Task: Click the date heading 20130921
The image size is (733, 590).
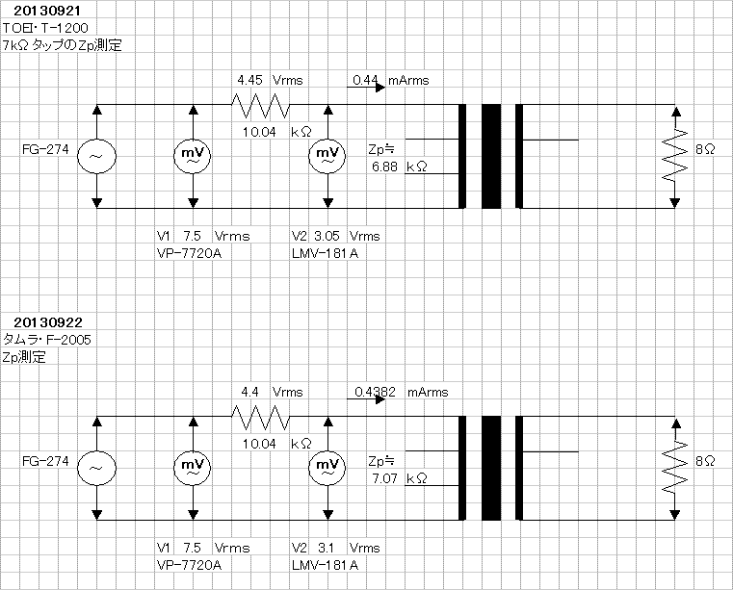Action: coord(47,11)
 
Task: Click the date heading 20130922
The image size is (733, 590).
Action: coord(48,322)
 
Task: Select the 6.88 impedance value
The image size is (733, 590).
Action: coord(384,167)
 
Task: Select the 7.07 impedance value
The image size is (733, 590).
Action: coord(384,478)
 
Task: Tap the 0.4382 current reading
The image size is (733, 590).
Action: coord(375,392)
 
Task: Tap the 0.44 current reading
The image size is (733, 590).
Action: coord(365,80)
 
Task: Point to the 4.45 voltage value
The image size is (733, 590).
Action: coord(249,80)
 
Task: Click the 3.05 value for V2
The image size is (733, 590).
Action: coord(327,236)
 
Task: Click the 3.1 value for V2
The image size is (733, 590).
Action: coord(326,548)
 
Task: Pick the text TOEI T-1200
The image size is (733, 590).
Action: coord(45,28)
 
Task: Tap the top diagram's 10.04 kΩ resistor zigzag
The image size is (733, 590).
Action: coord(261,106)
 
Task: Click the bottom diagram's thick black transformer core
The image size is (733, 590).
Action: coord(491,468)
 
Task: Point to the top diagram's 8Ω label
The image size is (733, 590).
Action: coord(705,149)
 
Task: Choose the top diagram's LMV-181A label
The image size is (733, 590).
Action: coord(325,253)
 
